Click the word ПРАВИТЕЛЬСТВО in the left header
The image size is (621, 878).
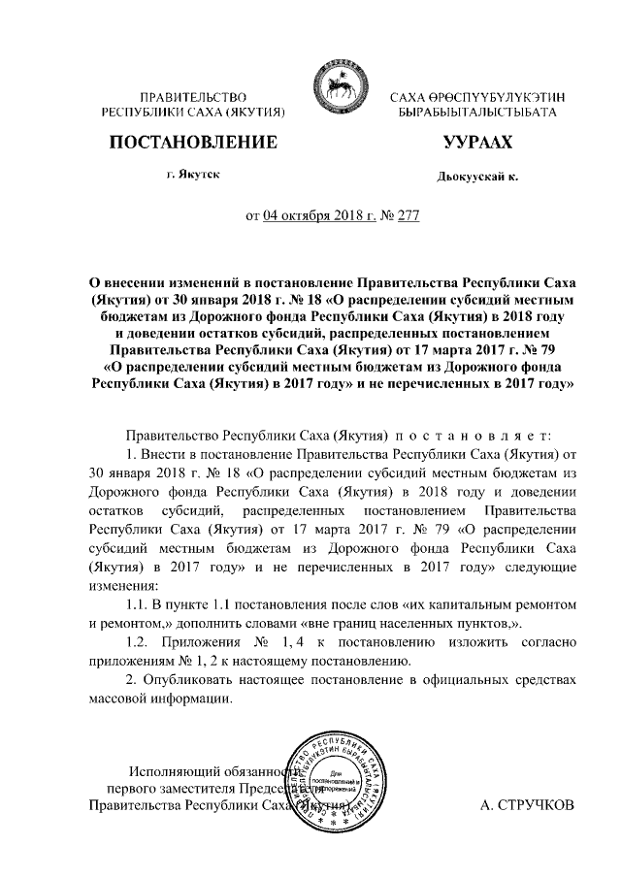point(191,98)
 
